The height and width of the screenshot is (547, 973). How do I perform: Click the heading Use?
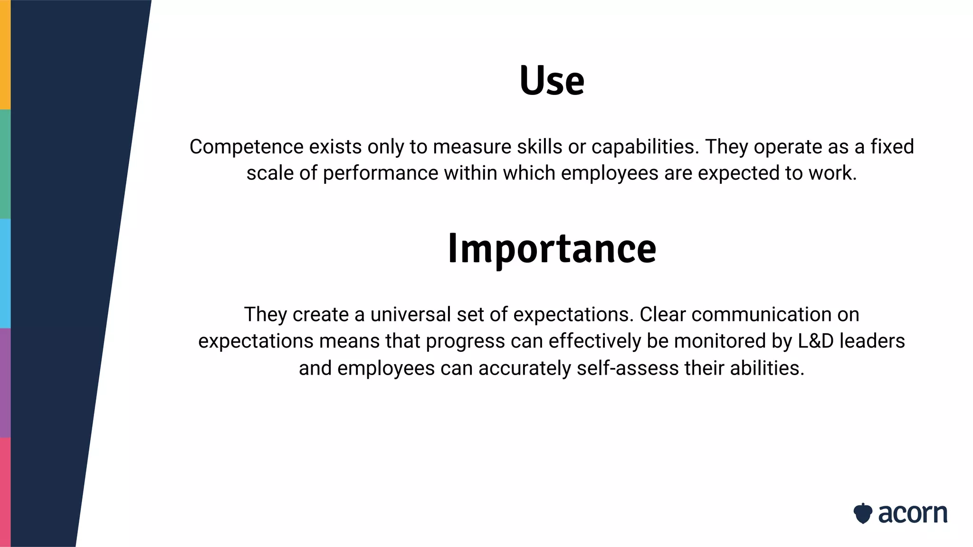[552, 81]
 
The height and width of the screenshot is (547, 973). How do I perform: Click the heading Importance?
[552, 248]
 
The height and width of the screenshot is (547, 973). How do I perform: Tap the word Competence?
[246, 147]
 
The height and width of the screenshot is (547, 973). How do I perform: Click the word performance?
[381, 173]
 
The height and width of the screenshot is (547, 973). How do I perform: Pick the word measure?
[472, 147]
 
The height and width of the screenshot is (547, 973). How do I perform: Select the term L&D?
[816, 341]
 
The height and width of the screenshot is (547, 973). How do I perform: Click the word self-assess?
[628, 368]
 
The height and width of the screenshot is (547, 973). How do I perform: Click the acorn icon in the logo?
[862, 513]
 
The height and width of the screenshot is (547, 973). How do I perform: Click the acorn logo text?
[913, 514]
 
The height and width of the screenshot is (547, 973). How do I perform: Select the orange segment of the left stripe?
[5, 55]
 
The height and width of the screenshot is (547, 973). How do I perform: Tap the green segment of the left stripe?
[5, 164]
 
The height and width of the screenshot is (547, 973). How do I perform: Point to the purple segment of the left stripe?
[5, 383]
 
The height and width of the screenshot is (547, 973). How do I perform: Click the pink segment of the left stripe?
[5, 492]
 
